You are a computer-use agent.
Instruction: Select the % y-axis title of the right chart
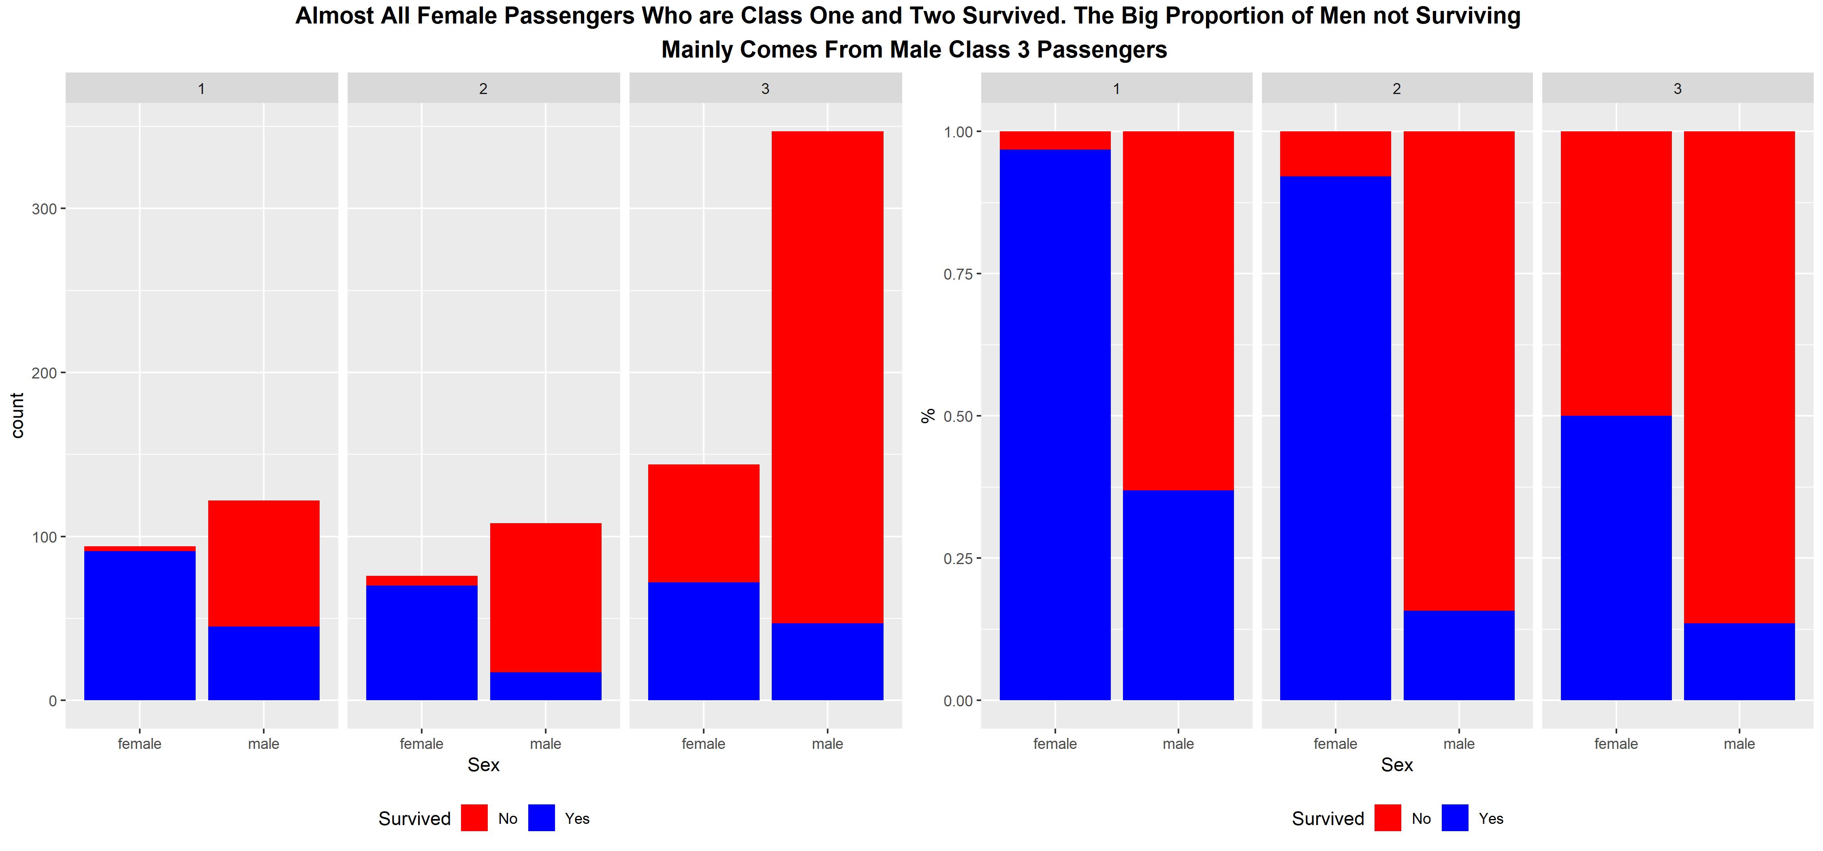(x=928, y=416)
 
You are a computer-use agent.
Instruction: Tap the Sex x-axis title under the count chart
(x=483, y=765)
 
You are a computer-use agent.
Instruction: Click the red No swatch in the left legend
(x=474, y=818)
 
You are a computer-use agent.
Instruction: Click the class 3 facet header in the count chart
(x=765, y=88)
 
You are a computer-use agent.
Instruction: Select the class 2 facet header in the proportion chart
(x=1396, y=88)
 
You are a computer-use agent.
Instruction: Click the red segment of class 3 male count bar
(x=827, y=375)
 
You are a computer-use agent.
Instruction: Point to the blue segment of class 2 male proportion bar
(x=1458, y=655)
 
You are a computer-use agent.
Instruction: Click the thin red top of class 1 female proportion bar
(x=1055, y=140)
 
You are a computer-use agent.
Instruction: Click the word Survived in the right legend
(x=1328, y=819)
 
